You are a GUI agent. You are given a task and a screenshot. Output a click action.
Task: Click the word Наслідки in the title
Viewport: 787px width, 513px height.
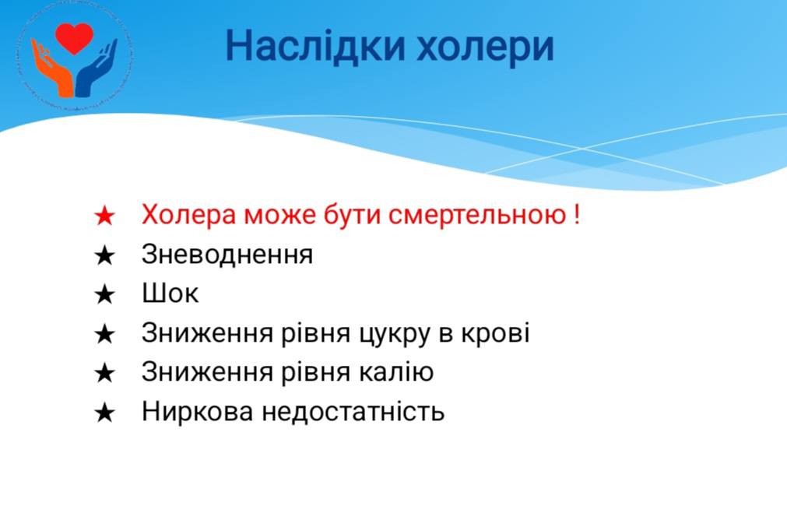315,45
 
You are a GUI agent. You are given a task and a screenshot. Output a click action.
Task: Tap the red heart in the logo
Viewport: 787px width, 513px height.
74,38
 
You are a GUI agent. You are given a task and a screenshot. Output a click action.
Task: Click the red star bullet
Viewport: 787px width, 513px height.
104,216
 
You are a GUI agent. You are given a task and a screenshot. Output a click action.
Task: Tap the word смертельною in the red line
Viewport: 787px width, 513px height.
477,214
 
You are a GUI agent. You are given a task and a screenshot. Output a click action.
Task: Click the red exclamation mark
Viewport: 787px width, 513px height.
576,213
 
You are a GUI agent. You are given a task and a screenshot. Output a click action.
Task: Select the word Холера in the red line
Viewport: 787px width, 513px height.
188,214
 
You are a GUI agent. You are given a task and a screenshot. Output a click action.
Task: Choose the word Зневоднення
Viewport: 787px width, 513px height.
227,254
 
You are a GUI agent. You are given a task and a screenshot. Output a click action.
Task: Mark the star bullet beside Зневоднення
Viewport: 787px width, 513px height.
104,255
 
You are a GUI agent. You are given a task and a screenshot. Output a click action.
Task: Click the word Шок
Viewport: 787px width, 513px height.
170,293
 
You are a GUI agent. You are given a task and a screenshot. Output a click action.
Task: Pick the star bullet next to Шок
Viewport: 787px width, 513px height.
104,295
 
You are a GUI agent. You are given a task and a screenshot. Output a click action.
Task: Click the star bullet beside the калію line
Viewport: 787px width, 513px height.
104,374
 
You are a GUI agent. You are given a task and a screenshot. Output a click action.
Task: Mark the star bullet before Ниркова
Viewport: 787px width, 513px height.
104,413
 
